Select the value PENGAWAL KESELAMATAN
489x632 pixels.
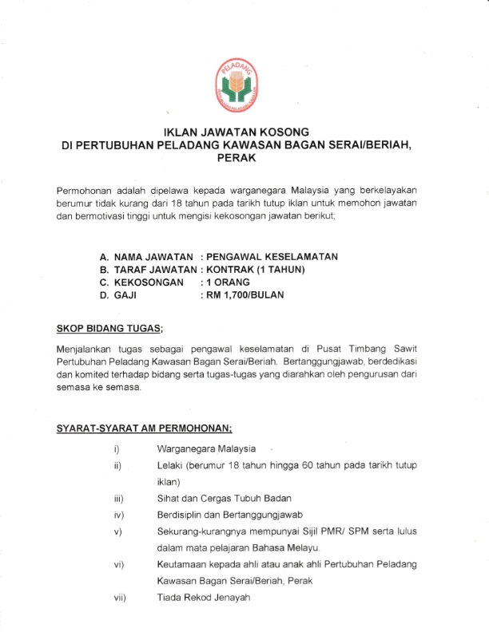pos(272,256)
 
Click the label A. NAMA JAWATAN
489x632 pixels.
pos(146,256)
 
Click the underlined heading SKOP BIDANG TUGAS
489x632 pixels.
pos(109,328)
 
